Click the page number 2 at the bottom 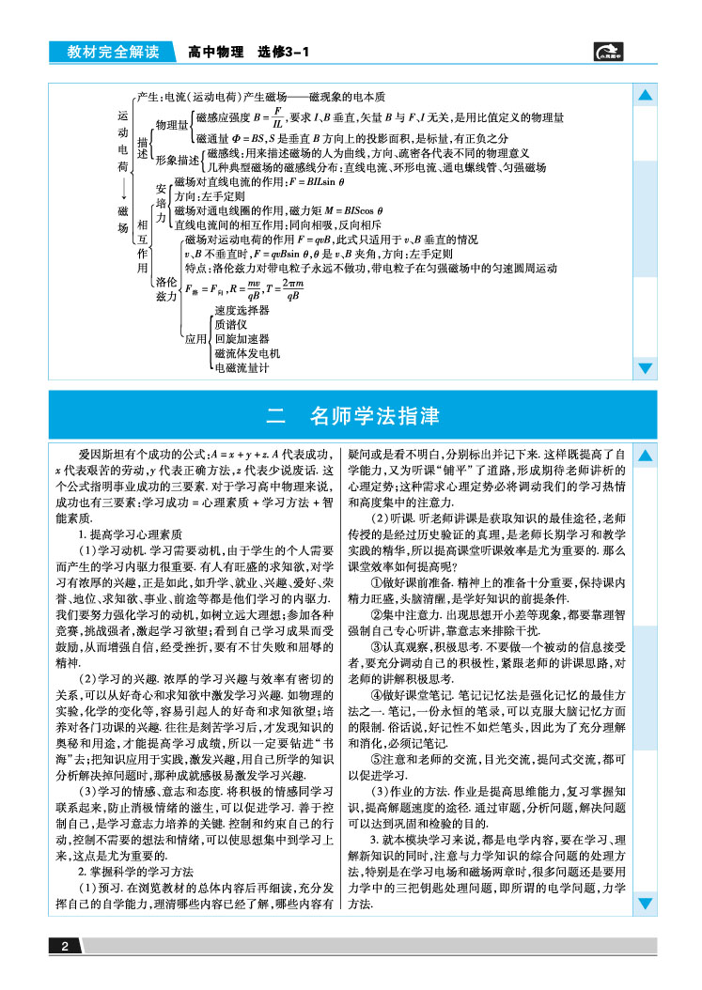coord(64,946)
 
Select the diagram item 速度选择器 coord(242,310)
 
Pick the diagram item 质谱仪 coord(230,324)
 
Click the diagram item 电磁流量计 coord(242,368)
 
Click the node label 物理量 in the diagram coord(172,125)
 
